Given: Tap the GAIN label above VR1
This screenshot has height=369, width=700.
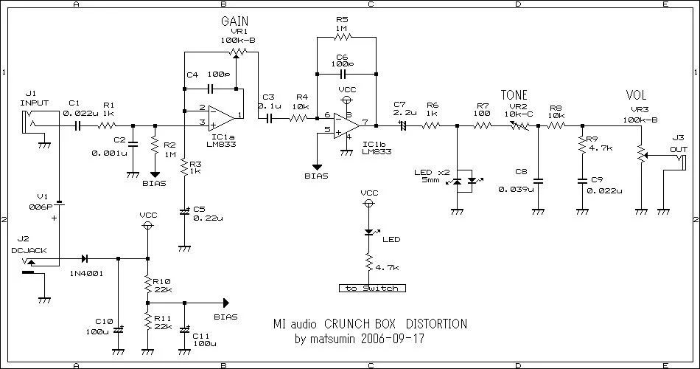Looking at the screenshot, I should coord(234,21).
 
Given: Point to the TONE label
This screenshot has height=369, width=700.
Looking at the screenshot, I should coord(514,95).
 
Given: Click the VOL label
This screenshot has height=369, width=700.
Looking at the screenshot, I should coord(636,96).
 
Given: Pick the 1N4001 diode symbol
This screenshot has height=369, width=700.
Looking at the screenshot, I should coord(85,258).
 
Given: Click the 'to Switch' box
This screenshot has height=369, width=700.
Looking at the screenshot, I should coord(371,288).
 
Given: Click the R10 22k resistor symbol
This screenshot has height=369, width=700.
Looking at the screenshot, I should coord(148,284).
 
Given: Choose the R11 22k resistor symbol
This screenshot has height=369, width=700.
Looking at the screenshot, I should coord(148,321).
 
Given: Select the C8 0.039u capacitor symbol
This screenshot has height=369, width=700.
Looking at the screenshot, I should coord(538,180).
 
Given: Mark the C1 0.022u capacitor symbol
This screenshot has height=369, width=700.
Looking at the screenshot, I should coord(77,125).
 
